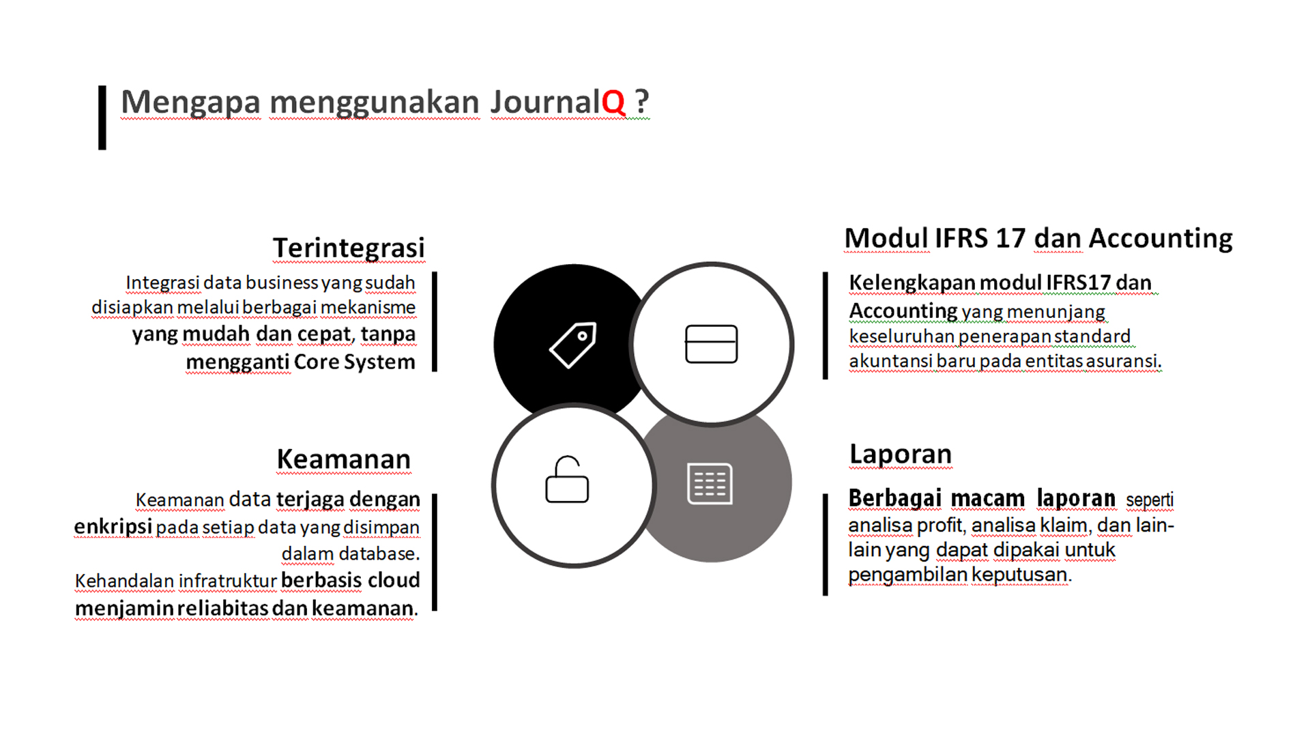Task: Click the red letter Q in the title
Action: pos(613,103)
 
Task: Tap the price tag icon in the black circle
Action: pos(573,345)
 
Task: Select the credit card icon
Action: pos(712,344)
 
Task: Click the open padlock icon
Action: pos(567,479)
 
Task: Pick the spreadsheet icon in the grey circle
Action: pos(710,484)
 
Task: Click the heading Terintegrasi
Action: pos(349,248)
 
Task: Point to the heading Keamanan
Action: pos(344,459)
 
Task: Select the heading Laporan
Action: pos(901,454)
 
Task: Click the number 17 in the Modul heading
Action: pos(1010,238)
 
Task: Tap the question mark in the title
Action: pos(642,102)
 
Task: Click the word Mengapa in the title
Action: pos(191,103)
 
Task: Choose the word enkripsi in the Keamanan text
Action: pos(113,527)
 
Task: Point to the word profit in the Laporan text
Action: pos(942,525)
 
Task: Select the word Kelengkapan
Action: pos(912,283)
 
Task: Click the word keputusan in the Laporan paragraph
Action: pos(1021,575)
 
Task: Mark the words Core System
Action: pos(355,362)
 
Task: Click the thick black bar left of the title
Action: pos(102,117)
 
